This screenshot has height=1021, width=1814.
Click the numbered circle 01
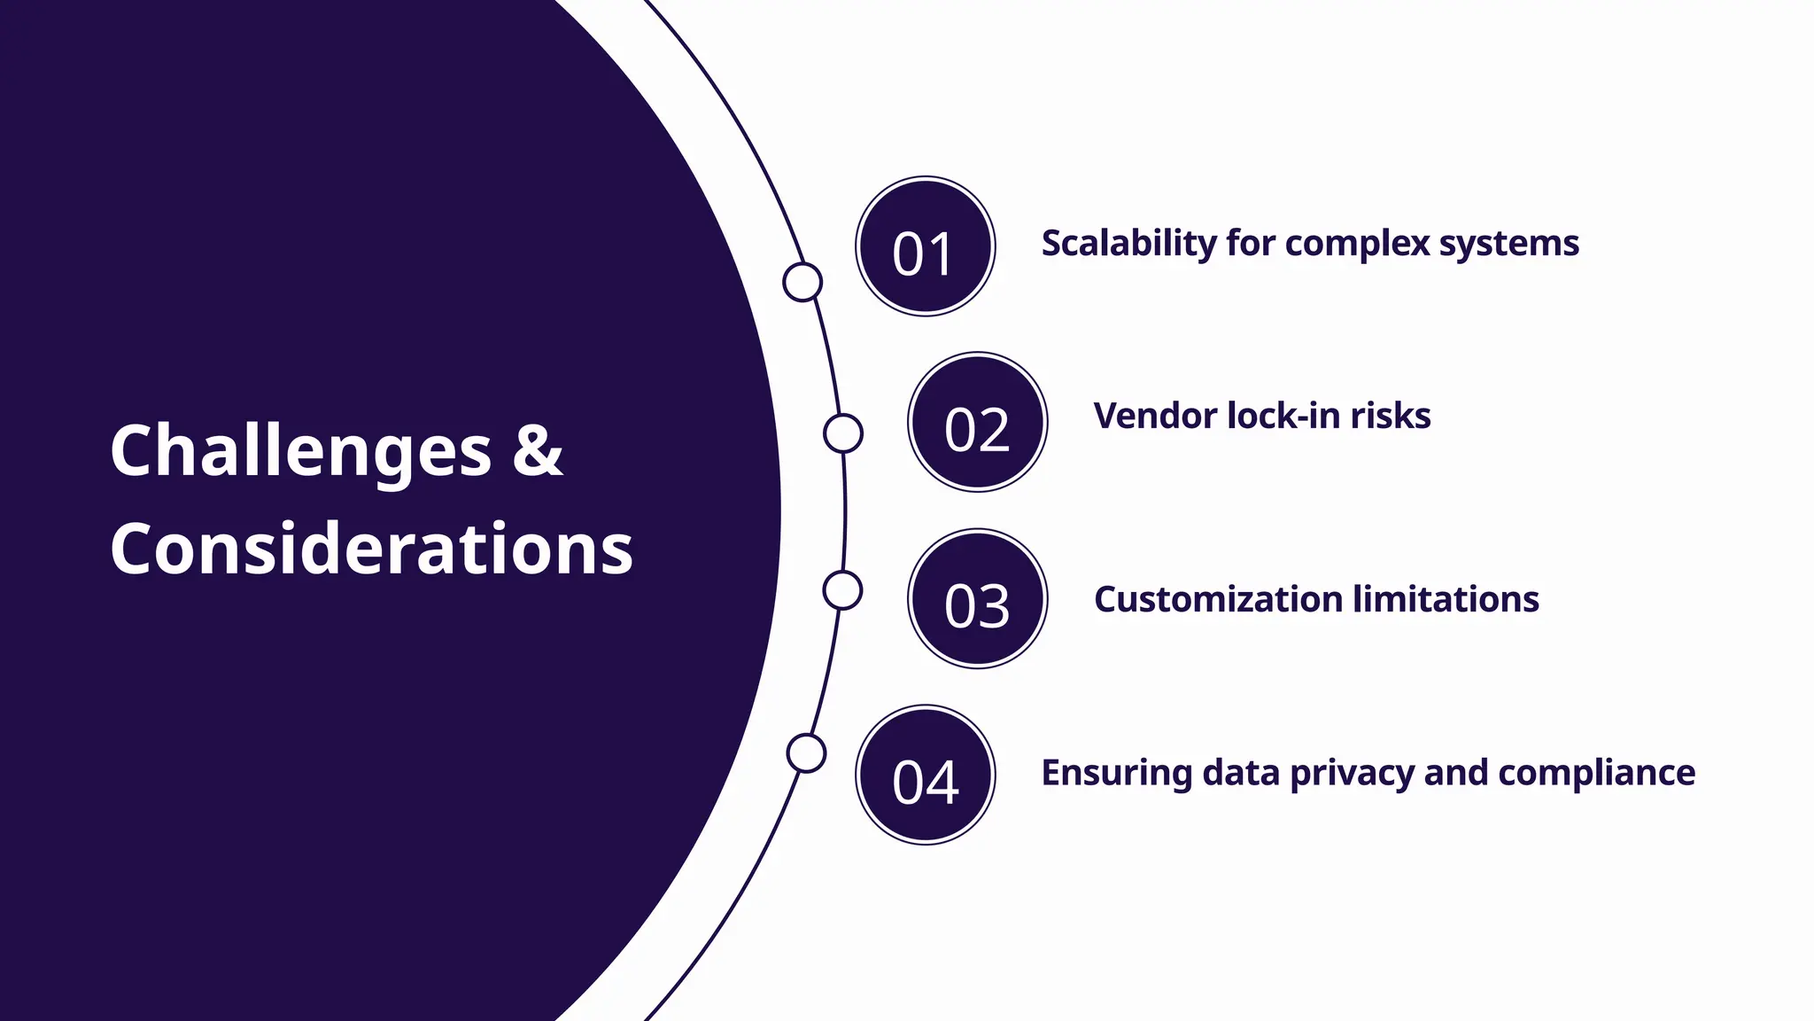tap(925, 246)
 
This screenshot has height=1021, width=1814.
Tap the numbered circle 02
tap(977, 423)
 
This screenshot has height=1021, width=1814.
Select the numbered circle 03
tap(977, 599)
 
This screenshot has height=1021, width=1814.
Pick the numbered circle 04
tap(925, 775)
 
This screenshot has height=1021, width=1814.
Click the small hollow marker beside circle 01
tap(802, 282)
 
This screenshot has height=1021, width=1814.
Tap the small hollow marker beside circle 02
tap(842, 433)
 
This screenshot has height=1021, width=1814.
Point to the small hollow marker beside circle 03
tap(842, 590)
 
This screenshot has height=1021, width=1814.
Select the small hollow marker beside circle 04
tap(806, 753)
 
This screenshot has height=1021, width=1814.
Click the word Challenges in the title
tap(300, 452)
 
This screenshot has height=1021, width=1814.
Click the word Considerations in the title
tap(371, 549)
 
